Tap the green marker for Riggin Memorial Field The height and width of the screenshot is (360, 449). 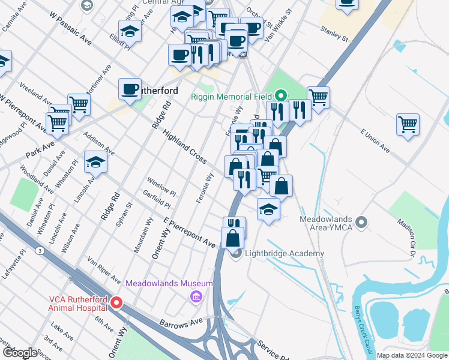pos(280,95)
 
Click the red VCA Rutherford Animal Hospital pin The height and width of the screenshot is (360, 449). pos(117,303)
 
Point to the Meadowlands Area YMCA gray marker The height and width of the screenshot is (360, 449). pos(361,223)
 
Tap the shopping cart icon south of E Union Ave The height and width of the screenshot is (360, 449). pos(408,125)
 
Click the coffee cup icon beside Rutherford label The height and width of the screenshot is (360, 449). pos(130,89)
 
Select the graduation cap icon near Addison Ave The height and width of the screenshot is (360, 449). pos(95,162)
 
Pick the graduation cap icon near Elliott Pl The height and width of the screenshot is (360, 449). pos(130,31)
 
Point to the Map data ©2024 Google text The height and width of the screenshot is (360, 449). pos(411,355)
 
